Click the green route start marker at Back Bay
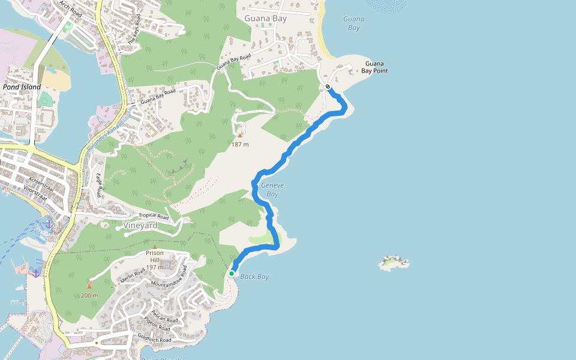pyautogui.click(x=232, y=274)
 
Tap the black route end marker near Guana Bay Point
pyautogui.click(x=328, y=87)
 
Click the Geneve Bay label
pyautogui.click(x=272, y=190)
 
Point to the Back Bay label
pyautogui.click(x=254, y=277)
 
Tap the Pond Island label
pyautogui.click(x=22, y=87)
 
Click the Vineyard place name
pyautogui.click(x=140, y=226)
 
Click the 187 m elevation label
pyautogui.click(x=240, y=144)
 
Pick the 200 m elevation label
pyautogui.click(x=89, y=295)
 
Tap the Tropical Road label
pyautogui.click(x=154, y=216)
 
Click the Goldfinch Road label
pyautogui.click(x=154, y=339)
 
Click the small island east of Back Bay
pyautogui.click(x=394, y=262)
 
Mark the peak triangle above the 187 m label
pyautogui.click(x=240, y=136)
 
